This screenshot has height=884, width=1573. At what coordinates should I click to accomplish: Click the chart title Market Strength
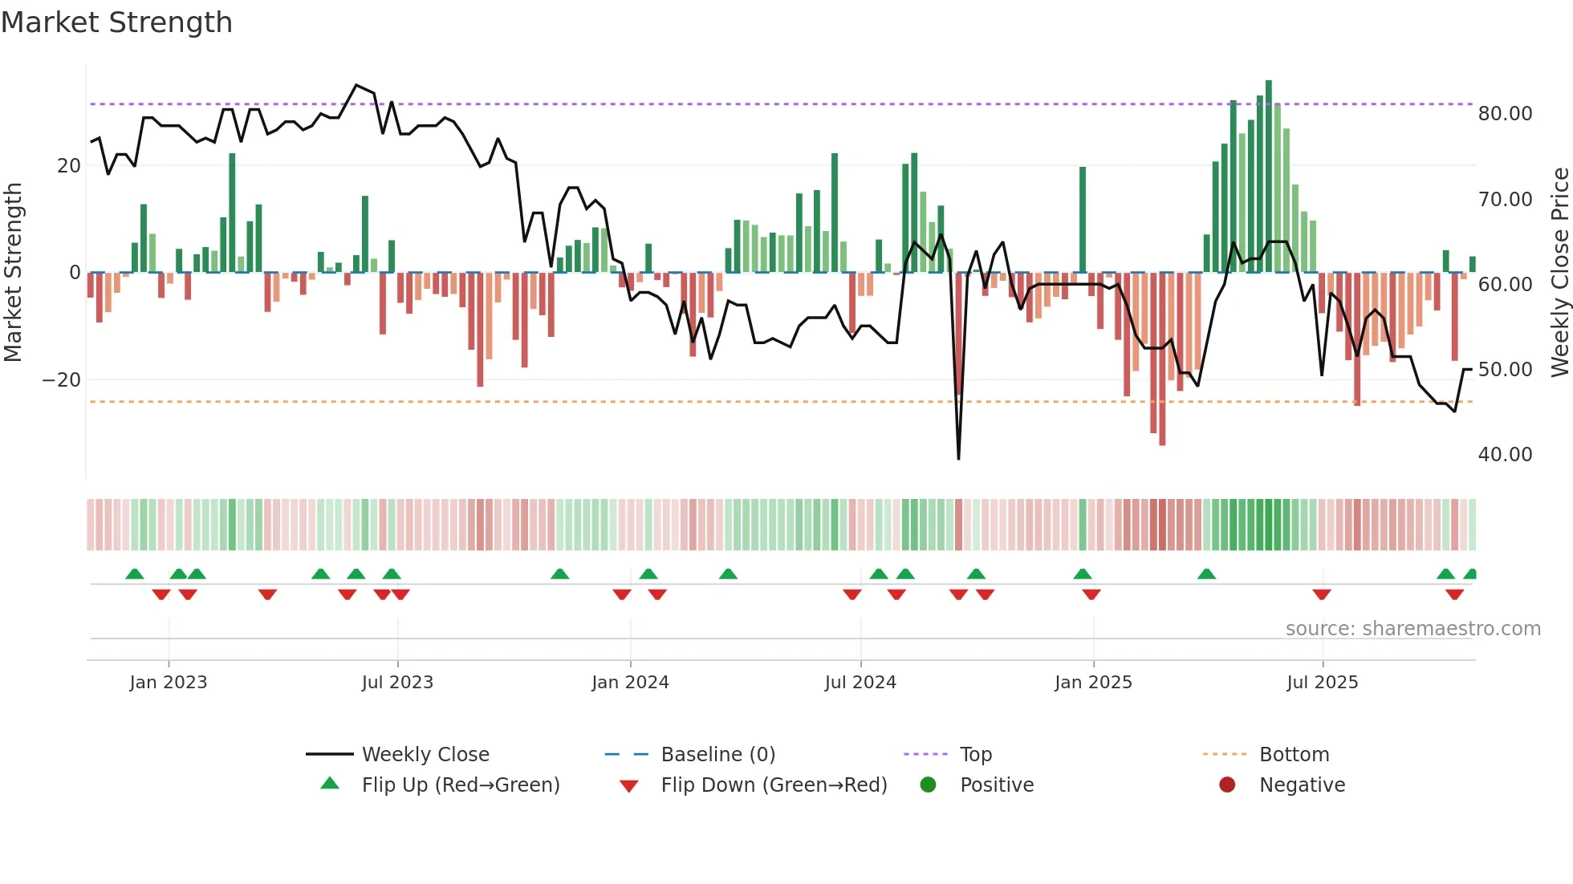pos(116,22)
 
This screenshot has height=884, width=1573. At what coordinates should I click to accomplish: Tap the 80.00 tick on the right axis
pos(1505,114)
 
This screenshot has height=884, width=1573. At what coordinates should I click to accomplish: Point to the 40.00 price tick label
pos(1505,455)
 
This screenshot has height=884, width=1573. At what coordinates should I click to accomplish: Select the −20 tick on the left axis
pos(62,380)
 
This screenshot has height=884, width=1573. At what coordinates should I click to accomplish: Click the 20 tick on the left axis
pos(69,166)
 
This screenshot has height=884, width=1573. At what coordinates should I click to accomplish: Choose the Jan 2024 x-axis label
pos(630,683)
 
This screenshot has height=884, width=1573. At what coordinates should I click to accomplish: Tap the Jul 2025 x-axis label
pos(1322,683)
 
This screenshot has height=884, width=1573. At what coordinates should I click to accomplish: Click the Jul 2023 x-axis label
pos(397,683)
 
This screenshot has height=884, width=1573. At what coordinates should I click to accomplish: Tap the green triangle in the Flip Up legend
pos(330,784)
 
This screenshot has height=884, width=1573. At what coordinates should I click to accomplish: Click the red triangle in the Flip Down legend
pos(629,786)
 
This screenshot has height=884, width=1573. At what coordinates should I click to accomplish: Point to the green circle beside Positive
pos(928,785)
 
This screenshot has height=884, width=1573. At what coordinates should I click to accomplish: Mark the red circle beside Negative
pos(1227,785)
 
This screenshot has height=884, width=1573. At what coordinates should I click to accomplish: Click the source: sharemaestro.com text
pos(1412,629)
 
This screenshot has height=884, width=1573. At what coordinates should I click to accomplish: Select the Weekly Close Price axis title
pos(1559,273)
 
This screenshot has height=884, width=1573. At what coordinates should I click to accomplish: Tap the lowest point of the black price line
pos(958,458)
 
